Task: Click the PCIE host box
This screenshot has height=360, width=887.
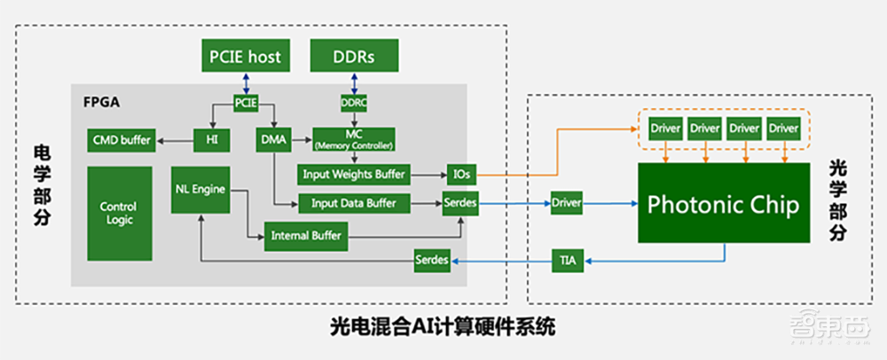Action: pos(245,57)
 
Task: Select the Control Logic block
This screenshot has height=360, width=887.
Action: pos(118,212)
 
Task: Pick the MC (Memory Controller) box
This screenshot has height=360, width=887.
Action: pos(354,138)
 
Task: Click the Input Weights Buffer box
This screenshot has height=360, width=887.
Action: pos(354,174)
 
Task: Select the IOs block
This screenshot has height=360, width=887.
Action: pos(460,174)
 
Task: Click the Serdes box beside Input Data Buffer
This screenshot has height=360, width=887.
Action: pos(460,204)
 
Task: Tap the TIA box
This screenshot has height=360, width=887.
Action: pos(567,260)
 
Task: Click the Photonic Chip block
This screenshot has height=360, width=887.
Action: pos(723,204)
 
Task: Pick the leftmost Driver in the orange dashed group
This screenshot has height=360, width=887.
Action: pos(665,129)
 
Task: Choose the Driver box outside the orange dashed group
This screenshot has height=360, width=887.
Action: pos(566,204)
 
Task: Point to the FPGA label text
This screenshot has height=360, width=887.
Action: pos(98,102)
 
